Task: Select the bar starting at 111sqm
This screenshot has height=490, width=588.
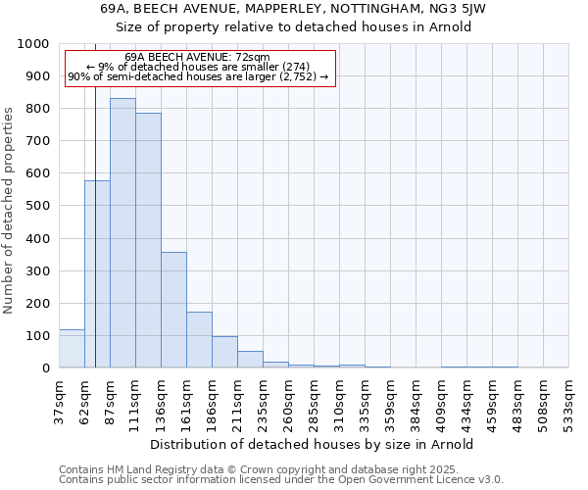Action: (148, 240)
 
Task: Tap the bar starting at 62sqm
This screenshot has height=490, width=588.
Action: (97, 274)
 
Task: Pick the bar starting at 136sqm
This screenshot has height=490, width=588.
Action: (173, 310)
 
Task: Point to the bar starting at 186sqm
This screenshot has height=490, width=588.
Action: (224, 352)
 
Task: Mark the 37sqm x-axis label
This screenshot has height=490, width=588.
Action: (65, 400)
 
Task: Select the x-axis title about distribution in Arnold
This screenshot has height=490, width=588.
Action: (314, 444)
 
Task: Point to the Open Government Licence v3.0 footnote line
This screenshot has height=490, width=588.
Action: (281, 479)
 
